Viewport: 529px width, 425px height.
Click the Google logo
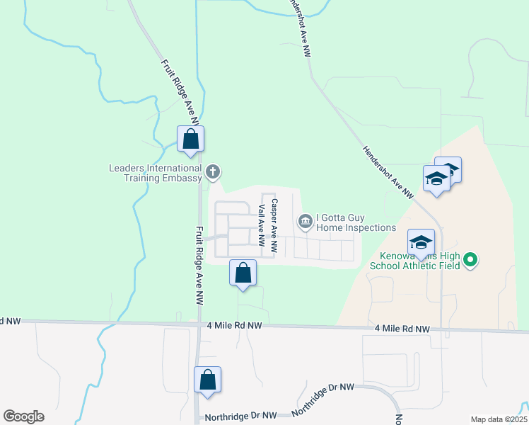(x=23, y=416)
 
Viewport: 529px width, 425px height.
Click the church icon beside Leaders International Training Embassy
(x=213, y=171)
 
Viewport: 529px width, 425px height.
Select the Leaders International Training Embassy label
(x=155, y=173)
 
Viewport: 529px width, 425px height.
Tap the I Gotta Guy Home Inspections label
(x=356, y=222)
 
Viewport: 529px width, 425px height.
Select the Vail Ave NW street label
(x=262, y=225)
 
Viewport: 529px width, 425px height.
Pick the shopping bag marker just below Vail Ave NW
(x=243, y=273)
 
